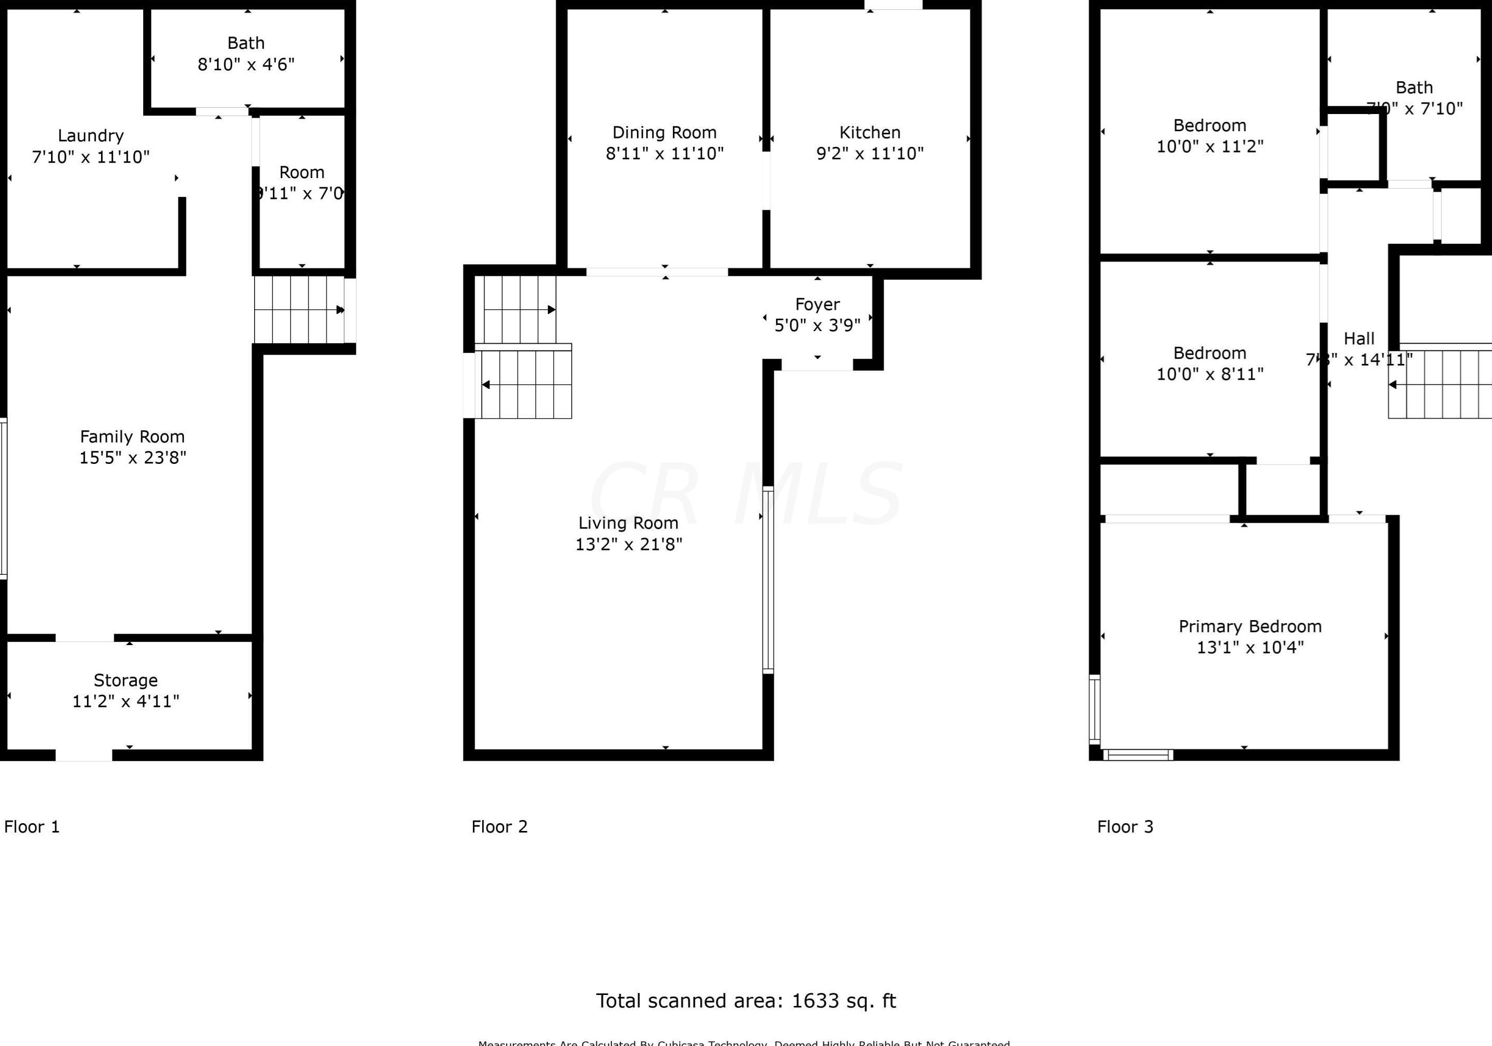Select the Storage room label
[126, 680]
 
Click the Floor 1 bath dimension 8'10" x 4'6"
[246, 65]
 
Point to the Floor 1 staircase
[299, 310]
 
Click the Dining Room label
[664, 133]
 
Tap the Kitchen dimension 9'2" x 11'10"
[870, 153]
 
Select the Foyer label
[817, 304]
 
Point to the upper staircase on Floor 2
[519, 309]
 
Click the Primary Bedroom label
[1250, 626]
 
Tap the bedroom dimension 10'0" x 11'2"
[1209, 147]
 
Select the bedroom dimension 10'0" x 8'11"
[1209, 374]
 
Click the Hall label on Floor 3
[1359, 338]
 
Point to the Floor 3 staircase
[1440, 385]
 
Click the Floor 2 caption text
[499, 827]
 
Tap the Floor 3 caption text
[1125, 827]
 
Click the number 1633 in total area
[815, 1001]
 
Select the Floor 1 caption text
[32, 827]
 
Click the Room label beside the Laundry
[302, 173]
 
